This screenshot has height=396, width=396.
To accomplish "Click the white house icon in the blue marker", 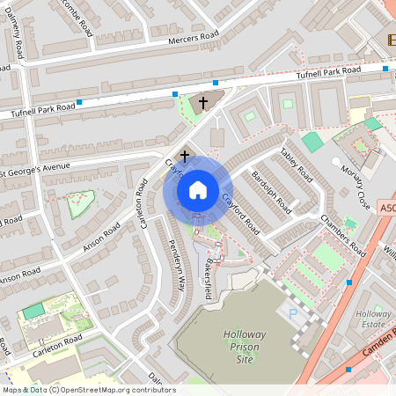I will click(197, 189).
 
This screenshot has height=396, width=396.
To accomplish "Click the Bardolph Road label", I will click(270, 192).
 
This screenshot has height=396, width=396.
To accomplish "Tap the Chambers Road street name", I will click(342, 235).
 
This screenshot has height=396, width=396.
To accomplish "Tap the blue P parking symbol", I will click(293, 314).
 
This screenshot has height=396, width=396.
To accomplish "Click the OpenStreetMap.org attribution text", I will click(88, 390).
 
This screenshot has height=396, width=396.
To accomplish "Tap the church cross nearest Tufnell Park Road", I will click(203, 103).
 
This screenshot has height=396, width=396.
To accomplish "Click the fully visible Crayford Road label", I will click(238, 214).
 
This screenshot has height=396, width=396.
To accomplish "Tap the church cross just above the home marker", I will click(185, 156).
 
